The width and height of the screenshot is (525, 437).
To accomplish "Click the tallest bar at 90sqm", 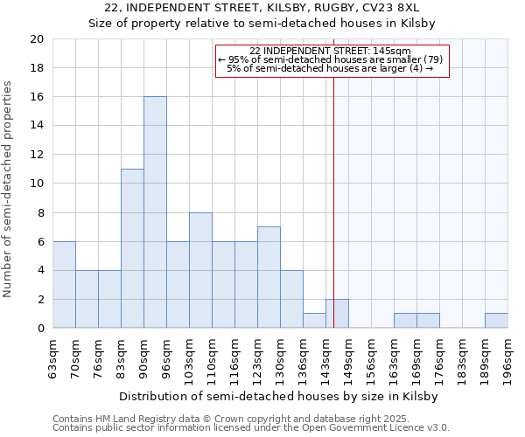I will click(x=155, y=212).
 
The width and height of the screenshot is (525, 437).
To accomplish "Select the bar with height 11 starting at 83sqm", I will click(x=132, y=248).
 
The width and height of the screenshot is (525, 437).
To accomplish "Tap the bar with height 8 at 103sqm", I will click(x=200, y=270).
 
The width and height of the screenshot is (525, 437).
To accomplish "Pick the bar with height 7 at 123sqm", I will click(x=269, y=278).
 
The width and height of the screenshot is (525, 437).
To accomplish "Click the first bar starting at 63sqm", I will click(x=64, y=285).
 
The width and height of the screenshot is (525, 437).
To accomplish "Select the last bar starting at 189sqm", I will click(x=496, y=321).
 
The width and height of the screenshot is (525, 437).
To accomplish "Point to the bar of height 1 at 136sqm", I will click(x=314, y=321).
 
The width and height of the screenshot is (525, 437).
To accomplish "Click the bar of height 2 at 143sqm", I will click(x=337, y=314).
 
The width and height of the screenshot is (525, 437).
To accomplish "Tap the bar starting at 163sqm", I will click(x=405, y=321).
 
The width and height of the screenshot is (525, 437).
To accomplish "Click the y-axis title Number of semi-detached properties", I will click(x=9, y=189).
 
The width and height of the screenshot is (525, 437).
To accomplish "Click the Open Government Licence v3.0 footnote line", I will click(x=251, y=428).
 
